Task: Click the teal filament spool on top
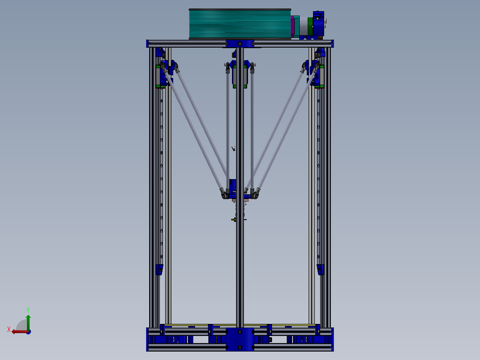(240, 24)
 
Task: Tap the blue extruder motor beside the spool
(318, 25)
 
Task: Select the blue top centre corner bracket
(240, 44)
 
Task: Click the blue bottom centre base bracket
(240, 340)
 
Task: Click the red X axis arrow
(19, 331)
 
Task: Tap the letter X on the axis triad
(9, 329)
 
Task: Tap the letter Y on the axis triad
(28, 309)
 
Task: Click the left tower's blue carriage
(164, 74)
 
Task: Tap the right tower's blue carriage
(317, 74)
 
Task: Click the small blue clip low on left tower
(159, 270)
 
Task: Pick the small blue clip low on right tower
(320, 270)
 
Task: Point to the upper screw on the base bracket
(240, 332)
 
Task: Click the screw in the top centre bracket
(240, 44)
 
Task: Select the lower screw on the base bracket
(240, 347)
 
